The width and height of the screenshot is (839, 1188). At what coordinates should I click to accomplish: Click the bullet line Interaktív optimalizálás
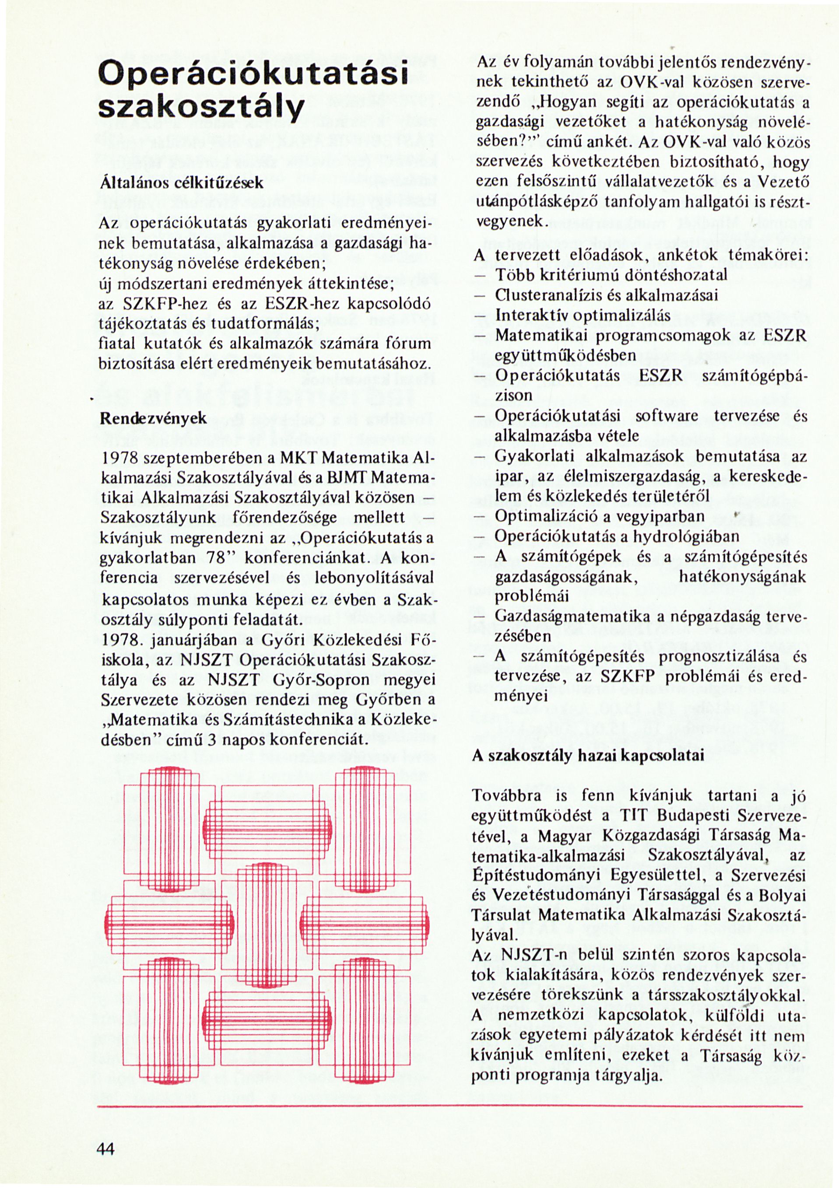(583, 315)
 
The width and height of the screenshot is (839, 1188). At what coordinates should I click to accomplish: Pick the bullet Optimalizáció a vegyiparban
(599, 516)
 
